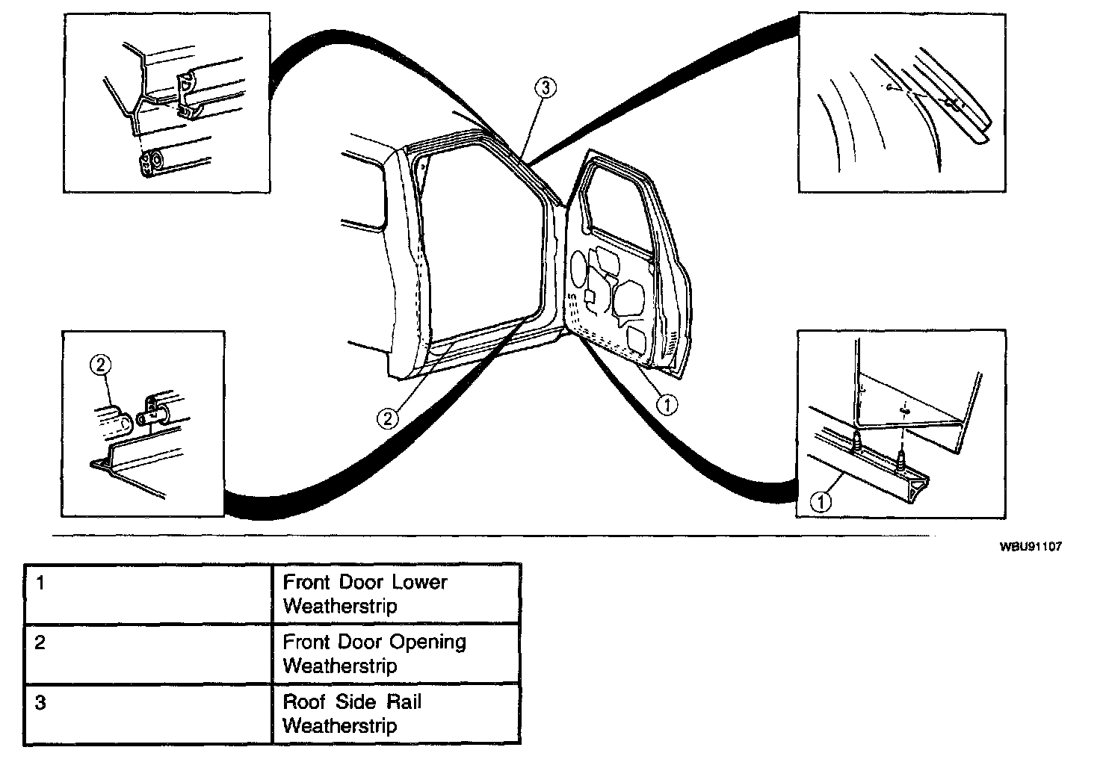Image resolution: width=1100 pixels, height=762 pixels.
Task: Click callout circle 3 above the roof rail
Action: [546, 88]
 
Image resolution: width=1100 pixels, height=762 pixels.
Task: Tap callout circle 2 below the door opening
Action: [388, 418]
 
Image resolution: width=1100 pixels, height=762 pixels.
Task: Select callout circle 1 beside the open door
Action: [666, 404]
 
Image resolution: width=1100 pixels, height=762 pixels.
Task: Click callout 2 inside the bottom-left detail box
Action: [101, 365]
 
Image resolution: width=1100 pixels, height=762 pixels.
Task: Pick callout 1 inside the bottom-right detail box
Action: [821, 502]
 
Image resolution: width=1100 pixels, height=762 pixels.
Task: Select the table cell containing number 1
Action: [148, 594]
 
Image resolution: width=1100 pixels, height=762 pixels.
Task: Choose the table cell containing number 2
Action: [148, 654]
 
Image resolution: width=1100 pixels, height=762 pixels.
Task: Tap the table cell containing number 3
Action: [148, 713]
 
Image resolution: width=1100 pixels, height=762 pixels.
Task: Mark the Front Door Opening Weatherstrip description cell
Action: [396, 654]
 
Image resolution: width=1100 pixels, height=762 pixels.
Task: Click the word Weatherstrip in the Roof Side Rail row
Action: [340, 725]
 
